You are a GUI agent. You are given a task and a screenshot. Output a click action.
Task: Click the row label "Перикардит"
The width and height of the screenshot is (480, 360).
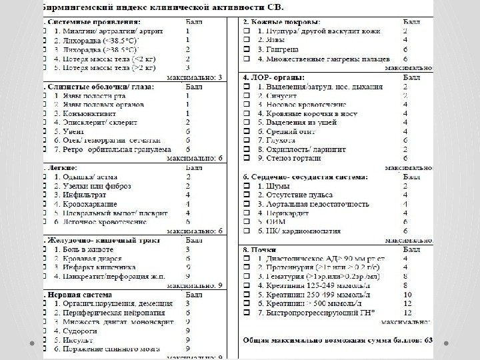[x=279, y=212]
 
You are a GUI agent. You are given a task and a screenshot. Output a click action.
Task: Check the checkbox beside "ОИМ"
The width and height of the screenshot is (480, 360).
[x=246, y=221]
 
